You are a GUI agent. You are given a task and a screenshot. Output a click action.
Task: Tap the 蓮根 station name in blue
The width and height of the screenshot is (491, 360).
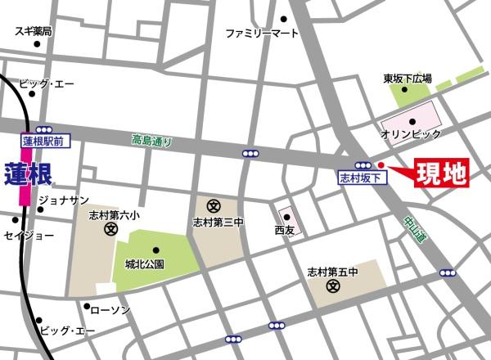(x=29, y=173)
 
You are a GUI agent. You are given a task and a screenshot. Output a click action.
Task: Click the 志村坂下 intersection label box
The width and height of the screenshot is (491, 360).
(x=359, y=176)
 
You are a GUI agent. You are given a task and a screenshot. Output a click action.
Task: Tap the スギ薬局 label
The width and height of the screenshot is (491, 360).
(x=34, y=31)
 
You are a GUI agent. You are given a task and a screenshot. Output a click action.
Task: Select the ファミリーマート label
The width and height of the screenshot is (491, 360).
(x=262, y=34)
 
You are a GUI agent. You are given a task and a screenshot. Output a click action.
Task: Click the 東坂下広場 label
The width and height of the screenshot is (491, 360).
(x=407, y=79)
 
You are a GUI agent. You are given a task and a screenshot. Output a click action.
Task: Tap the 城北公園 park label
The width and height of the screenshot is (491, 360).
(x=146, y=263)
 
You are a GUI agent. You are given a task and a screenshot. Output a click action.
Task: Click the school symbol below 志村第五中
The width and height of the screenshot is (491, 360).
(x=333, y=286)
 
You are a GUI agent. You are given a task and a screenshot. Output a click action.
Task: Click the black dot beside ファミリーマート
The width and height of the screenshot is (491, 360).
(x=284, y=19)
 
